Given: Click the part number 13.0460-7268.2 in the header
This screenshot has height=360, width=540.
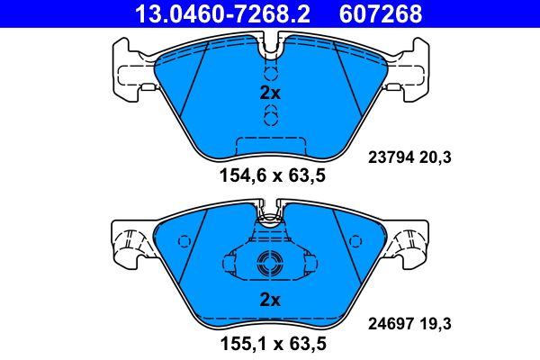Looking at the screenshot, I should pyautogui.click(x=226, y=13).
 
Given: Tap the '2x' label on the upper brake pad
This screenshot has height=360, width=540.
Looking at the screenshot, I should pyautogui.click(x=270, y=93).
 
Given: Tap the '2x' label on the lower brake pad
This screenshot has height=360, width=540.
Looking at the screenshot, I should pyautogui.click(x=270, y=300).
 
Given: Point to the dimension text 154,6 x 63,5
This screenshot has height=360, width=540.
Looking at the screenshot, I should pyautogui.click(x=270, y=176).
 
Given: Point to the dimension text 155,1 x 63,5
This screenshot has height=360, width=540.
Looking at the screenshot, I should pyautogui.click(x=270, y=343).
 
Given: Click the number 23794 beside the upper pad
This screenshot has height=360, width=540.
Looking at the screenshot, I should pyautogui.click(x=390, y=157).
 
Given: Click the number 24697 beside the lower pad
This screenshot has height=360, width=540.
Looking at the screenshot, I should pyautogui.click(x=390, y=319).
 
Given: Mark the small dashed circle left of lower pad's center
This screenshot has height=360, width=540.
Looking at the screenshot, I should pyautogui.click(x=186, y=241).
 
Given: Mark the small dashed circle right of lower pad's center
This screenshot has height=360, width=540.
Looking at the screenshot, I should pyautogui.click(x=353, y=241).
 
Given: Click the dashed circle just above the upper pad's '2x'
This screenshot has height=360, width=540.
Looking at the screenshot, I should pyautogui.click(x=270, y=73).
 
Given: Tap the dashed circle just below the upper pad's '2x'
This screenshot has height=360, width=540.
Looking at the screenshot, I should pyautogui.click(x=270, y=113).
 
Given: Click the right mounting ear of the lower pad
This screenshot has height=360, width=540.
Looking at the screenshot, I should pyautogui.click(x=409, y=241).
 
